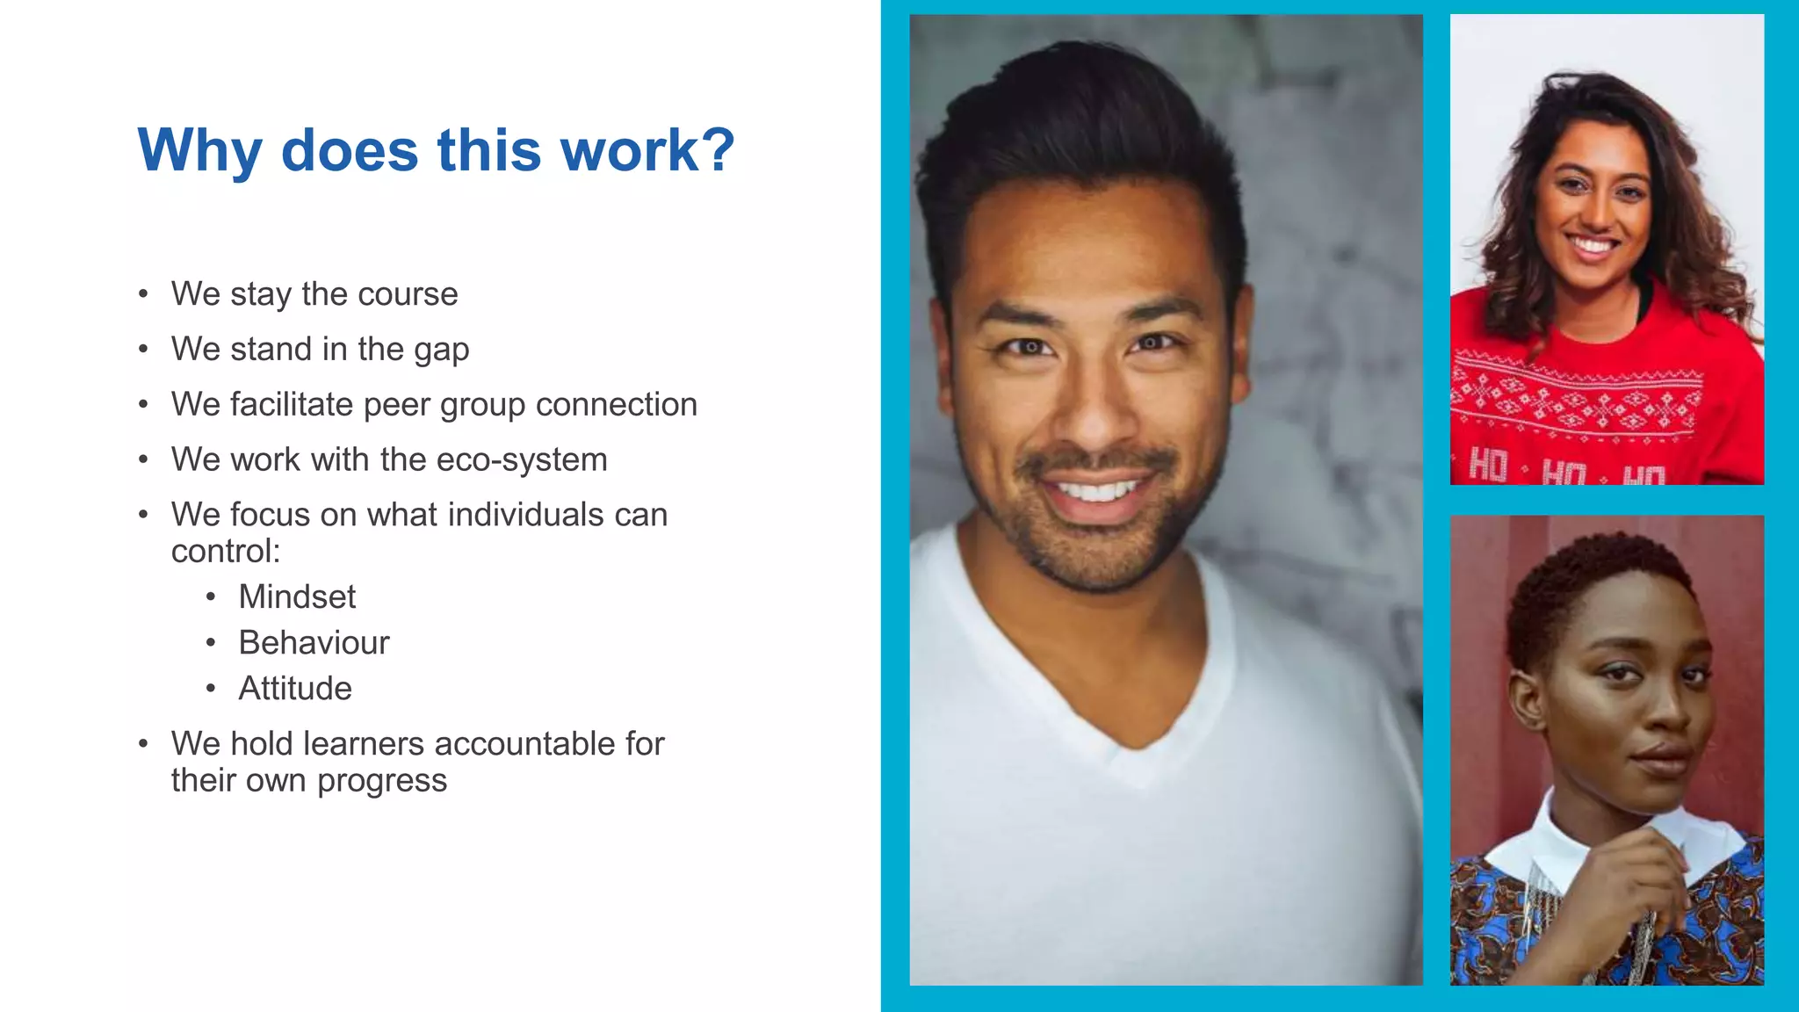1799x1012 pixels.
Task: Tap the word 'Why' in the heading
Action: pyautogui.click(x=199, y=152)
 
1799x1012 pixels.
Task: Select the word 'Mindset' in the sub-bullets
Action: pyautogui.click(x=297, y=597)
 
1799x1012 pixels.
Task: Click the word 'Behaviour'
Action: pyautogui.click(x=314, y=643)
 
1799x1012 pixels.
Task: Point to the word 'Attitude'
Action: pyautogui.click(x=295, y=689)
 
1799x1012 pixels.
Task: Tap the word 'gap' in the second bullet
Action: pyautogui.click(x=441, y=351)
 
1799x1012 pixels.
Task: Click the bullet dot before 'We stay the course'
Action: pyautogui.click(x=143, y=294)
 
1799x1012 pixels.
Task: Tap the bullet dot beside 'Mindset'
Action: pyautogui.click(x=211, y=597)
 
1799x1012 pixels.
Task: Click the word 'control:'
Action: pyautogui.click(x=226, y=552)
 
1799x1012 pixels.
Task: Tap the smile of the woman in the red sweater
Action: pyautogui.click(x=1592, y=245)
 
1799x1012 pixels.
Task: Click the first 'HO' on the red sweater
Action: pyautogui.click(x=1487, y=466)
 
